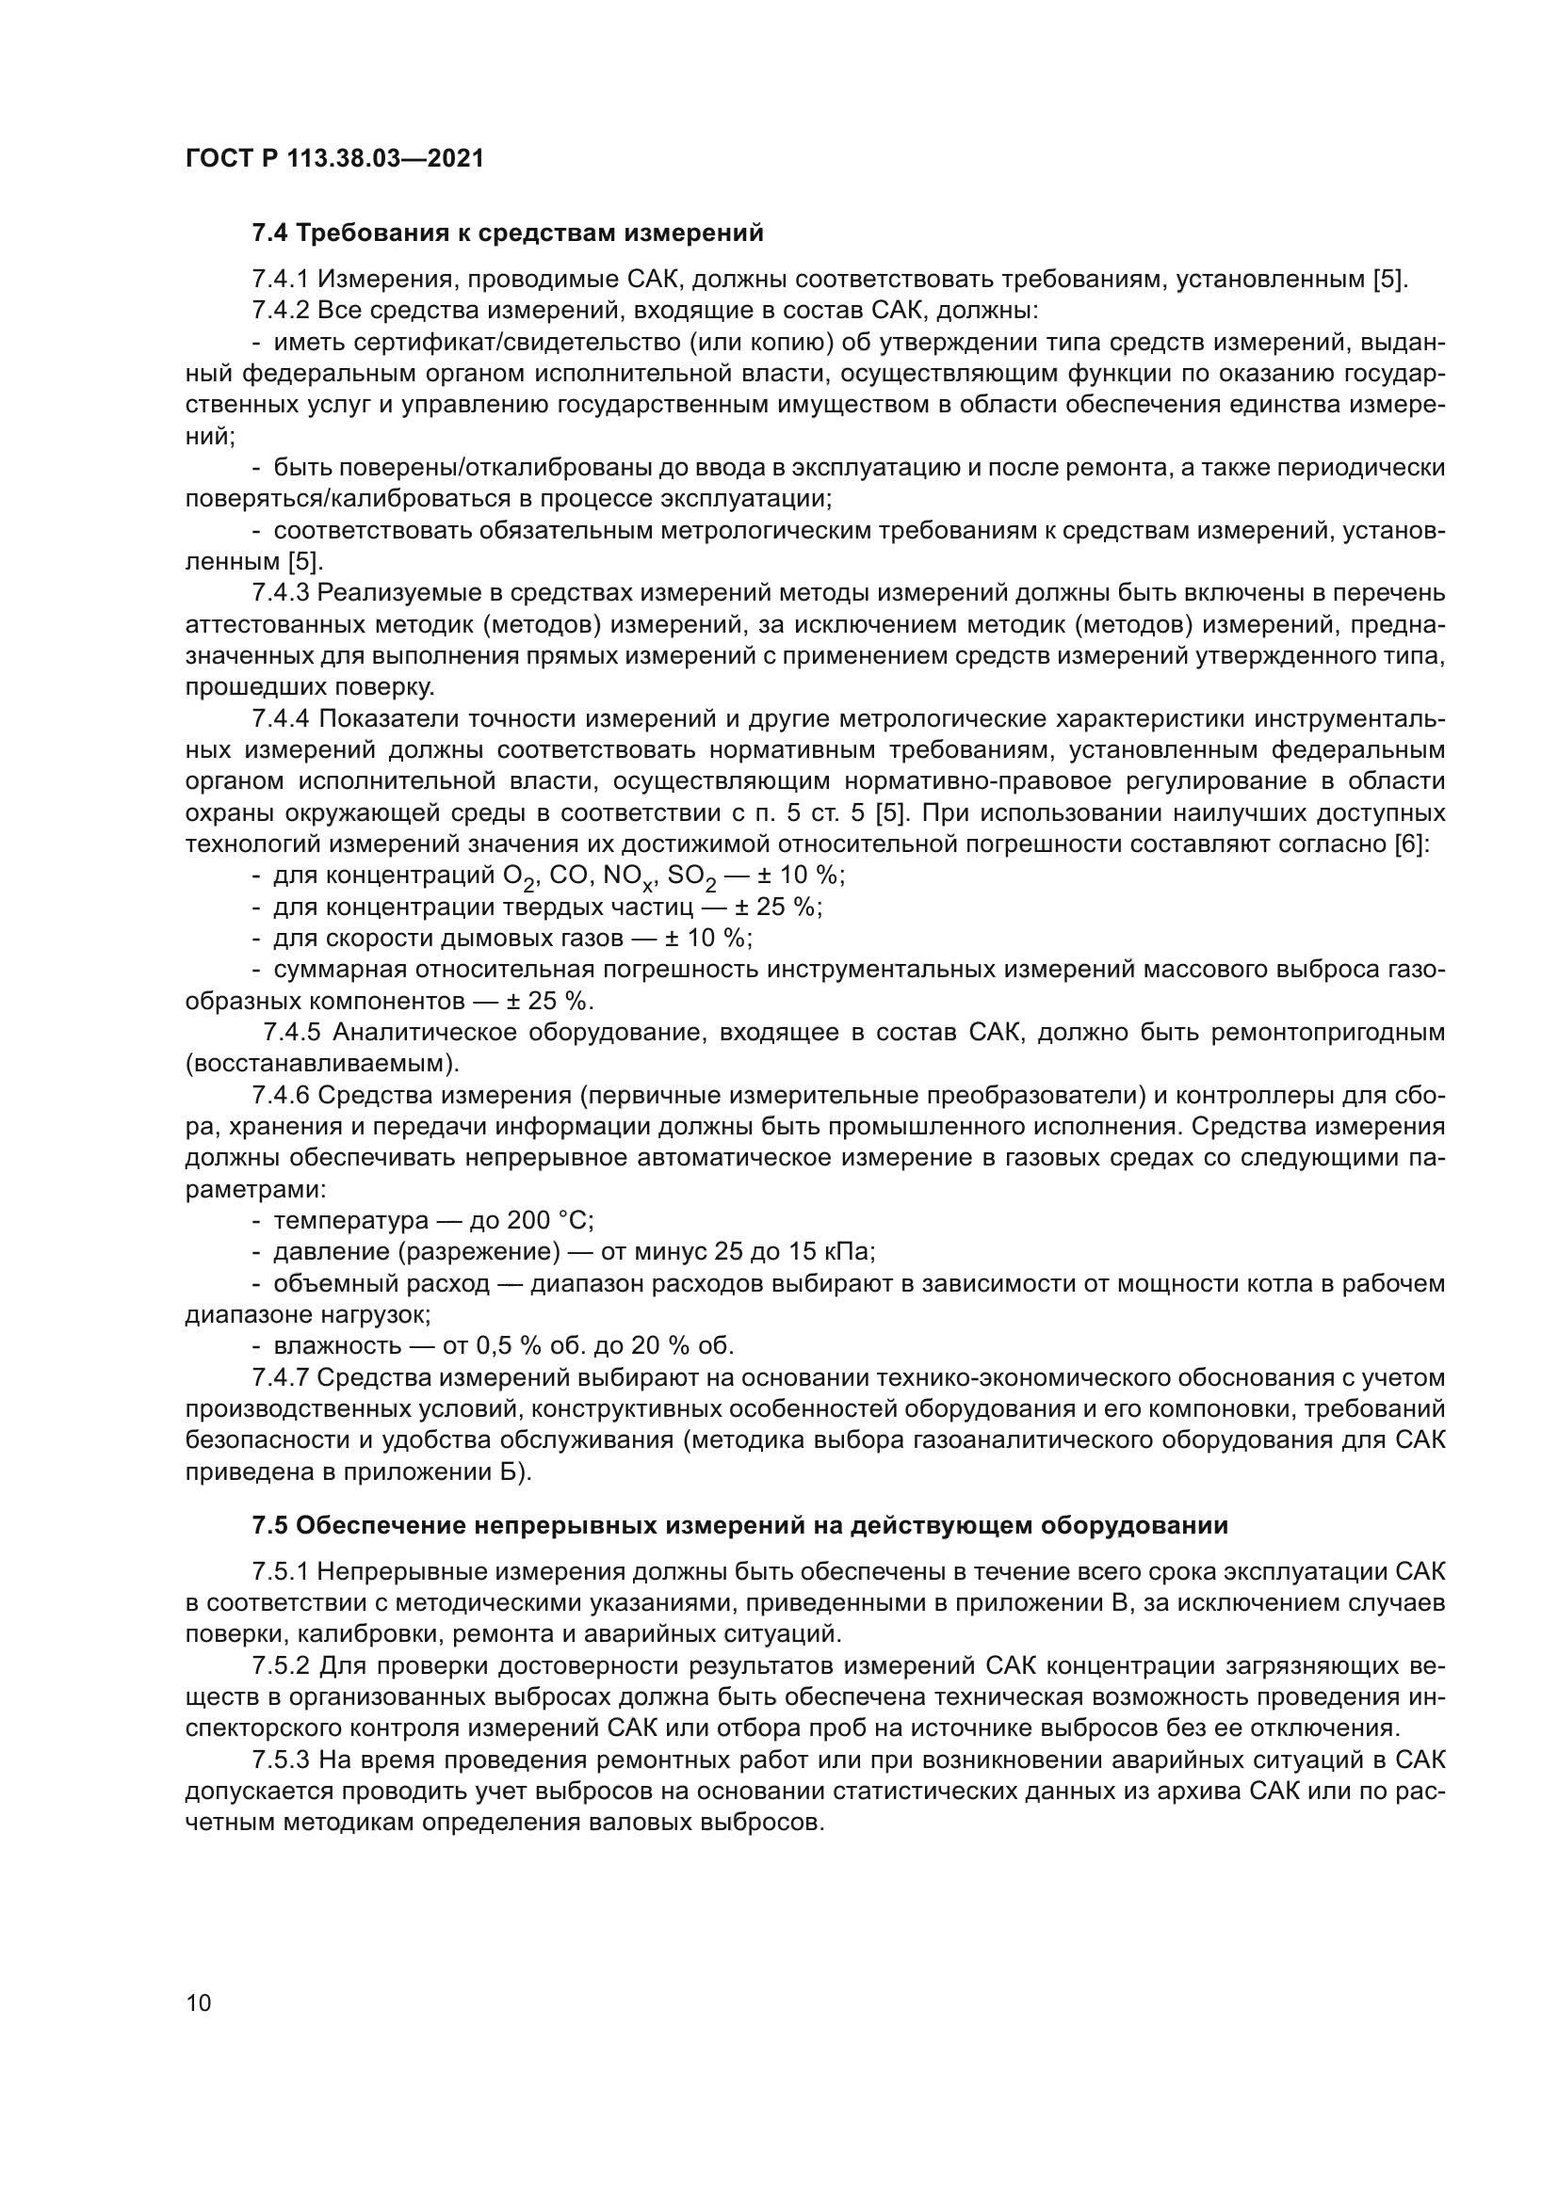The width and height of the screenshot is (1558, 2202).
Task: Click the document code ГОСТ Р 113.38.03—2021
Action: (x=333, y=158)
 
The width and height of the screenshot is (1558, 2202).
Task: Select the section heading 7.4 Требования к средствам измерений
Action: (x=508, y=233)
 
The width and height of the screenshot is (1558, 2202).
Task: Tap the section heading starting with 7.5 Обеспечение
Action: (x=739, y=1525)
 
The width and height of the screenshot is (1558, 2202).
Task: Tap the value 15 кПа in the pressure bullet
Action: (x=837, y=1252)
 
